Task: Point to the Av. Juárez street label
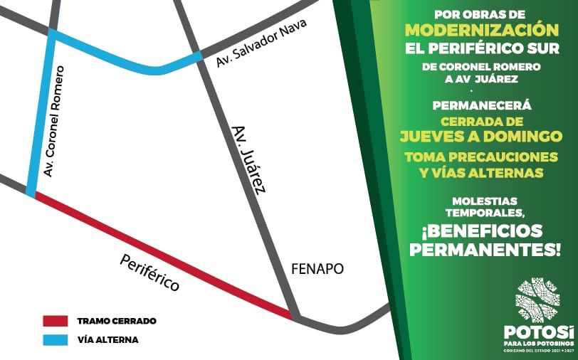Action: tap(249, 159)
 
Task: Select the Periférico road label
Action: tap(149, 272)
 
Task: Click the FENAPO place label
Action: tap(317, 269)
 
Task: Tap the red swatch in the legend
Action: tap(56, 321)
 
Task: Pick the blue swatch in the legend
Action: tap(56, 339)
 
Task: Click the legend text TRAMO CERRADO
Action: tap(117, 321)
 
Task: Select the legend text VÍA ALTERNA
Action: tap(108, 339)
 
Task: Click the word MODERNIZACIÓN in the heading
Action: tap(481, 30)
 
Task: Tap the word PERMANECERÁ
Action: tap(481, 105)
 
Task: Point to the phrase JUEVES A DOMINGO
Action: tap(481, 136)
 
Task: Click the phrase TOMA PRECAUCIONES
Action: tap(481, 157)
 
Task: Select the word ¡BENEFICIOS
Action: tap(481, 231)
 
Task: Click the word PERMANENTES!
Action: tap(485, 250)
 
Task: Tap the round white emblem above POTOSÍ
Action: tap(537, 300)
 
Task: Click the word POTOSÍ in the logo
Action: tap(538, 332)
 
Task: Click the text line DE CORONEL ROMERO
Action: tap(481, 67)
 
